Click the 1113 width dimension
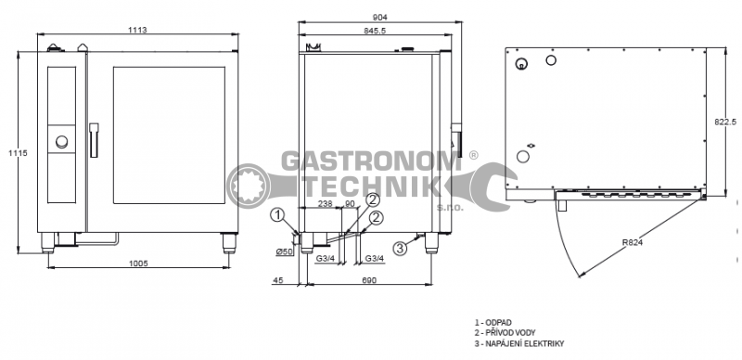(x=137, y=30)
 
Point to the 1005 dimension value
(x=138, y=264)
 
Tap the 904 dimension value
(x=380, y=18)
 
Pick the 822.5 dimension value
(x=725, y=122)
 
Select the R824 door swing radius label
(x=633, y=242)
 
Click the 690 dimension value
(x=369, y=280)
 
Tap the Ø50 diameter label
(x=285, y=251)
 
